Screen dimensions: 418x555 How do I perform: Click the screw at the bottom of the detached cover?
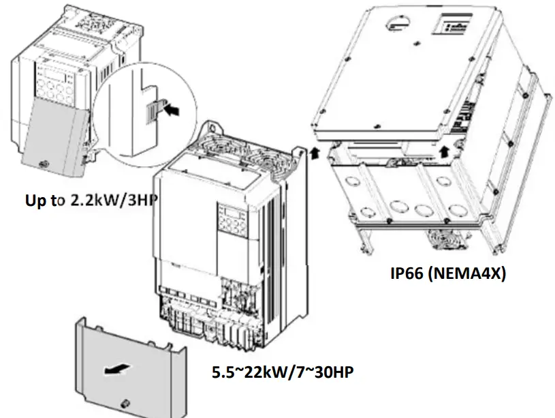point(125,403)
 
